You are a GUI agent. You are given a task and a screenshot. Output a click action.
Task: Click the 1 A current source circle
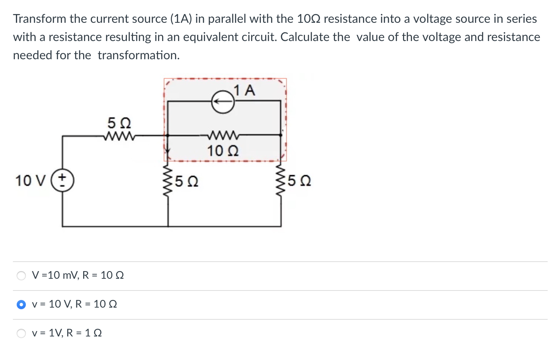(x=223, y=102)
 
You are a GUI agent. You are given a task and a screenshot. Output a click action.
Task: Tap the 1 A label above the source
(x=245, y=90)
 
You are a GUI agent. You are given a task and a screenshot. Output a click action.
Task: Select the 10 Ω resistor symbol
(x=223, y=135)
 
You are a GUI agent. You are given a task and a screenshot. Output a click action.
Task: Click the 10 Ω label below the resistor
(x=223, y=151)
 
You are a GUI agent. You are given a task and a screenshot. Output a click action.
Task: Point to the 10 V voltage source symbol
(x=62, y=180)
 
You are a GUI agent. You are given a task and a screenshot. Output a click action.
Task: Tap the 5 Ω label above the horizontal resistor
(x=119, y=123)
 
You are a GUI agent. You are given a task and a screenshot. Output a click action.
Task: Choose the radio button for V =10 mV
(x=21, y=276)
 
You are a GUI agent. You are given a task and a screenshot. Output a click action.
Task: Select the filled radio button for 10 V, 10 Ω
(x=21, y=305)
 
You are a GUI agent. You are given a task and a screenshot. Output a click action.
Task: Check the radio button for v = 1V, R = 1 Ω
(x=21, y=333)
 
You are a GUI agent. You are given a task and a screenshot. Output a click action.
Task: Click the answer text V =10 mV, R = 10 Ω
(x=78, y=275)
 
